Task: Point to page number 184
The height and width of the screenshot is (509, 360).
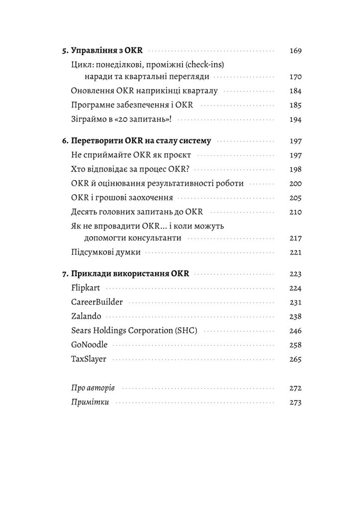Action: [295, 91]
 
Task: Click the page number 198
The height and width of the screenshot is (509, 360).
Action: [295, 169]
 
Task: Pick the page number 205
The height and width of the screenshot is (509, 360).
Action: [295, 197]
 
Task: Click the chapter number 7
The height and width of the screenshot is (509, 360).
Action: [65, 274]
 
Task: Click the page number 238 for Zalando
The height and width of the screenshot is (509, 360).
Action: [295, 316]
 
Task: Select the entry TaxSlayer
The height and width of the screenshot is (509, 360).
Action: [89, 358]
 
